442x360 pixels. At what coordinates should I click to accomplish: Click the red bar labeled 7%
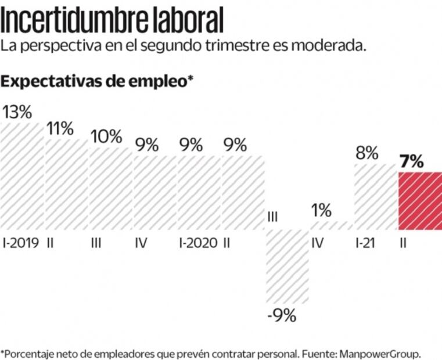tap(419, 200)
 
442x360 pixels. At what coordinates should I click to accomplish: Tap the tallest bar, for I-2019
tap(22, 174)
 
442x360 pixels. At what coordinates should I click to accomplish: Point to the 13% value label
tap(17, 113)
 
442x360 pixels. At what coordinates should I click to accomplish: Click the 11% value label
tap(60, 129)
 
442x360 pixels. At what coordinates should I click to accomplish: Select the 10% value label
tap(106, 137)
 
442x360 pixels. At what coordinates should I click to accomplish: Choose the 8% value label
tap(366, 154)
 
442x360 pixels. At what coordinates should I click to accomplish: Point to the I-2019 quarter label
tap(21, 243)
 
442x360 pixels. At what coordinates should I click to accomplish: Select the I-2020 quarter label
tap(198, 243)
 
